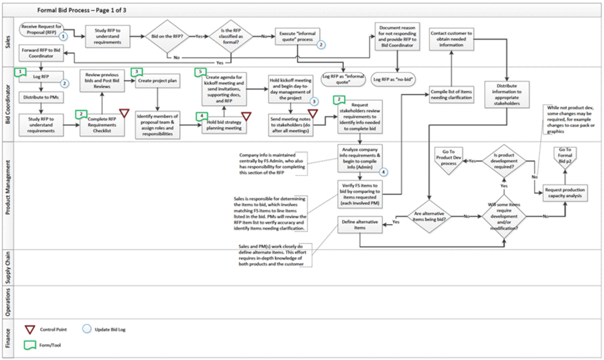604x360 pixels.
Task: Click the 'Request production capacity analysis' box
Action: (x=564, y=193)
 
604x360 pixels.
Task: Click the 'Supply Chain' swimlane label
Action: (x=8, y=267)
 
